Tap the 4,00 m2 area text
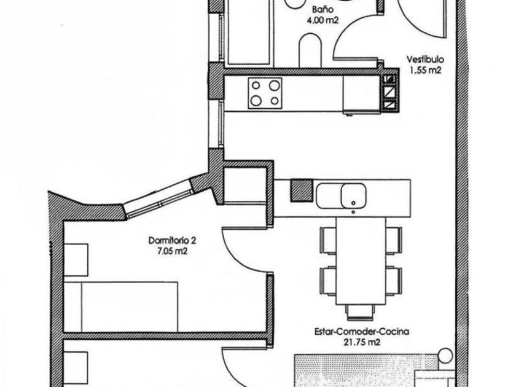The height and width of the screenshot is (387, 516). coord(322,20)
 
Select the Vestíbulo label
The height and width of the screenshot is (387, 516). coord(425,60)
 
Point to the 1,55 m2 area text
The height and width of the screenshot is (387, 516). coord(425,70)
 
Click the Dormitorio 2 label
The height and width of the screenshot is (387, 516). coord(172,241)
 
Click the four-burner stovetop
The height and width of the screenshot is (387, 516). coord(265,93)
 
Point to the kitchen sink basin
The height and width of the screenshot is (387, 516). coord(353,196)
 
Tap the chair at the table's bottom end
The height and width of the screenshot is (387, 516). coord(361,312)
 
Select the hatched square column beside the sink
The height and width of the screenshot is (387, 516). coord(302,190)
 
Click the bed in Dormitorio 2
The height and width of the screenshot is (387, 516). coord(121,307)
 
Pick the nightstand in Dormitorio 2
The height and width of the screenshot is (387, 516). coord(76,260)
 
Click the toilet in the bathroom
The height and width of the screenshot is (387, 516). coord(310,49)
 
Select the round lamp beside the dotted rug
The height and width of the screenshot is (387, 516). coord(445,356)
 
